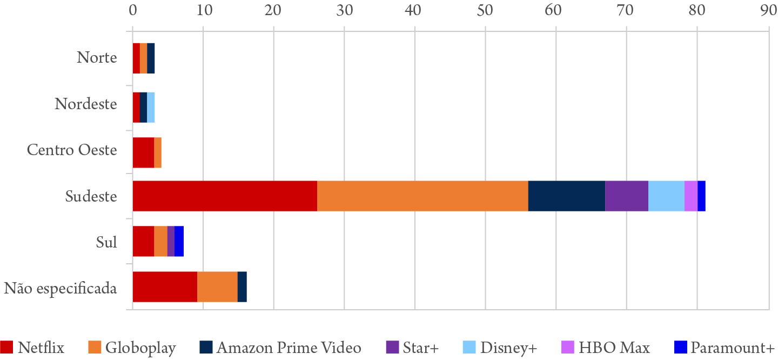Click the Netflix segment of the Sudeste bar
pyautogui.click(x=225, y=196)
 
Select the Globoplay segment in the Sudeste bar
pyautogui.click(x=422, y=196)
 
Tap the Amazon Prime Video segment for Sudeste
pyautogui.click(x=566, y=196)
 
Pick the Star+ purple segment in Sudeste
pyautogui.click(x=626, y=196)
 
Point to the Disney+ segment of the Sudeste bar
pyautogui.click(x=666, y=196)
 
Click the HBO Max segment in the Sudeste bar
pyautogui.click(x=690, y=196)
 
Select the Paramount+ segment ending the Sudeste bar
pyautogui.click(x=701, y=196)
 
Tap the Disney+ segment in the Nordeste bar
pyautogui.click(x=151, y=107)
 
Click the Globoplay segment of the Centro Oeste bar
pyautogui.click(x=158, y=152)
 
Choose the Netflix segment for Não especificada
pyautogui.click(x=165, y=286)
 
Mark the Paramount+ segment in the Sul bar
pyautogui.click(x=179, y=241)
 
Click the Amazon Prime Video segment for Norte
pyautogui.click(x=151, y=58)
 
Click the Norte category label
pyautogui.click(x=97, y=57)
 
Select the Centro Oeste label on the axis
pyautogui.click(x=72, y=150)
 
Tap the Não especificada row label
pyautogui.click(x=61, y=288)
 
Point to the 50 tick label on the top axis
pyautogui.click(x=485, y=9)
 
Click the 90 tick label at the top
pyautogui.click(x=768, y=9)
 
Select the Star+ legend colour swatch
pyautogui.click(x=393, y=348)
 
